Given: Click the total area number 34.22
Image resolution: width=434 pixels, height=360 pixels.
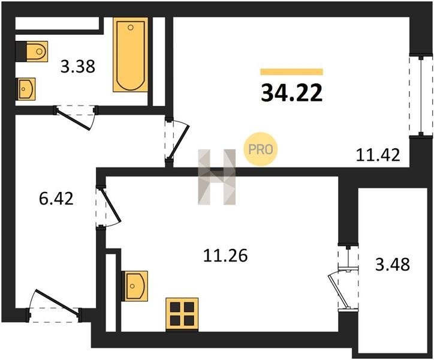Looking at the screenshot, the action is [292, 93].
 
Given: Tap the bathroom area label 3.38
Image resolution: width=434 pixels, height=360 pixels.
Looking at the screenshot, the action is [78, 67].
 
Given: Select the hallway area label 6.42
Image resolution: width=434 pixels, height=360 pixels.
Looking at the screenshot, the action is [56, 199].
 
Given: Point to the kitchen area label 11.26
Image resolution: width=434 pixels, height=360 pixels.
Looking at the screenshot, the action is [225, 256].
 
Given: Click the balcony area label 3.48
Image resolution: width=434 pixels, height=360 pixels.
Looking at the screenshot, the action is [393, 264].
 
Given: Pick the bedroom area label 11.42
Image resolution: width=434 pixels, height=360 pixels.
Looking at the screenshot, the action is [378, 155].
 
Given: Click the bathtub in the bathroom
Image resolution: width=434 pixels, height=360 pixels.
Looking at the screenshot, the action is [130, 55].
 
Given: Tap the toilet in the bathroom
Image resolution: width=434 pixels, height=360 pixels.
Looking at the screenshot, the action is [37, 52].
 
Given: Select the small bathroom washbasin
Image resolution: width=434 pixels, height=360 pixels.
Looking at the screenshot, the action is [26, 89].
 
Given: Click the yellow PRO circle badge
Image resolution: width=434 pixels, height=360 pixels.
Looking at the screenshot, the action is [260, 149].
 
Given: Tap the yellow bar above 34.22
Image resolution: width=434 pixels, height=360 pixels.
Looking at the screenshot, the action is [291, 72].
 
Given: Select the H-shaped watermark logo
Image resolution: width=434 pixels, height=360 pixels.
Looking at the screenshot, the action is [217, 177].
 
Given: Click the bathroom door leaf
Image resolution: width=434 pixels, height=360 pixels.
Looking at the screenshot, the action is [73, 119].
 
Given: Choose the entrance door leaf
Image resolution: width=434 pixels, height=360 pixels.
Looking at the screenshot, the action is [58, 302].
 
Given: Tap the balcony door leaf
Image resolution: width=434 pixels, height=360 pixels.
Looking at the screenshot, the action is [337, 292].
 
